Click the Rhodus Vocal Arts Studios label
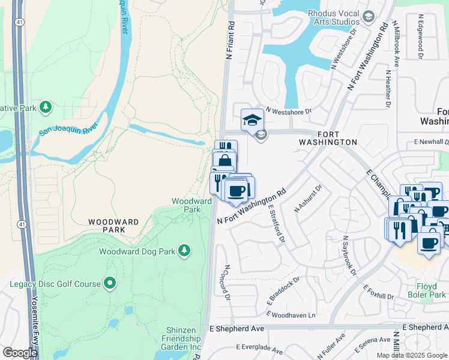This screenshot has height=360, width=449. pyautogui.click(x=333, y=18)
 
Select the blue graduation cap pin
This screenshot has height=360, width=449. pyautogui.click(x=253, y=121)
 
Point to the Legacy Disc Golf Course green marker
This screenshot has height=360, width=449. pyautogui.click(x=109, y=282)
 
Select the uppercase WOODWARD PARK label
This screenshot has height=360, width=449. pyautogui.click(x=114, y=226)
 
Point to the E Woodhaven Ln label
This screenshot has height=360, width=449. pyautogui.click(x=294, y=315)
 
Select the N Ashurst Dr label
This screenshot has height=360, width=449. pyautogui.click(x=309, y=199)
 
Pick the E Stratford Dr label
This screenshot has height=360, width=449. pyautogui.click(x=276, y=223)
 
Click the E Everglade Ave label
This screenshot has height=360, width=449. pyautogui.click(x=259, y=349)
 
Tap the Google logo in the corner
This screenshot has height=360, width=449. pyautogui.click(x=20, y=353)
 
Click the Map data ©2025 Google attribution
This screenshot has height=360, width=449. pyautogui.click(x=411, y=355)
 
